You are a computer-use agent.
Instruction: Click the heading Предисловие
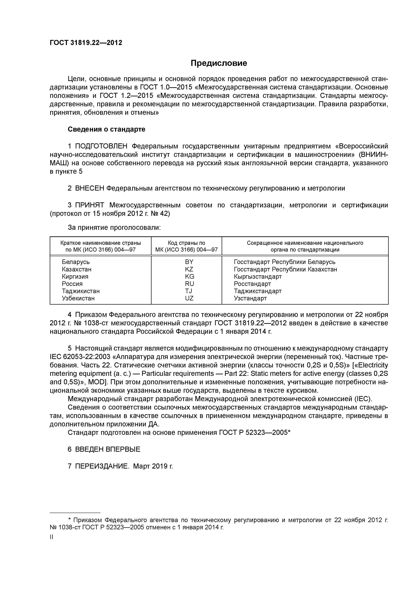219,63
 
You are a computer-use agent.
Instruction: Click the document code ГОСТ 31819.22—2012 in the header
86,43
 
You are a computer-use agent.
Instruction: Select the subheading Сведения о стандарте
106,129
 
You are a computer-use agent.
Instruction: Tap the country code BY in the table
189,262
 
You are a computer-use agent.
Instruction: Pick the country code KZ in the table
189,269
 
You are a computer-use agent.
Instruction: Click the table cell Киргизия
75,276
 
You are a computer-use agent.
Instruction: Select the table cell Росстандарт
252,284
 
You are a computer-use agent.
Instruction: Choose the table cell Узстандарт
250,298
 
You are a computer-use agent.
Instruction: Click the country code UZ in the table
189,298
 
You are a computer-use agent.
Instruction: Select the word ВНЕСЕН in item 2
90,188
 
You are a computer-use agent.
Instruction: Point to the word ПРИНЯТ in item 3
90,205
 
